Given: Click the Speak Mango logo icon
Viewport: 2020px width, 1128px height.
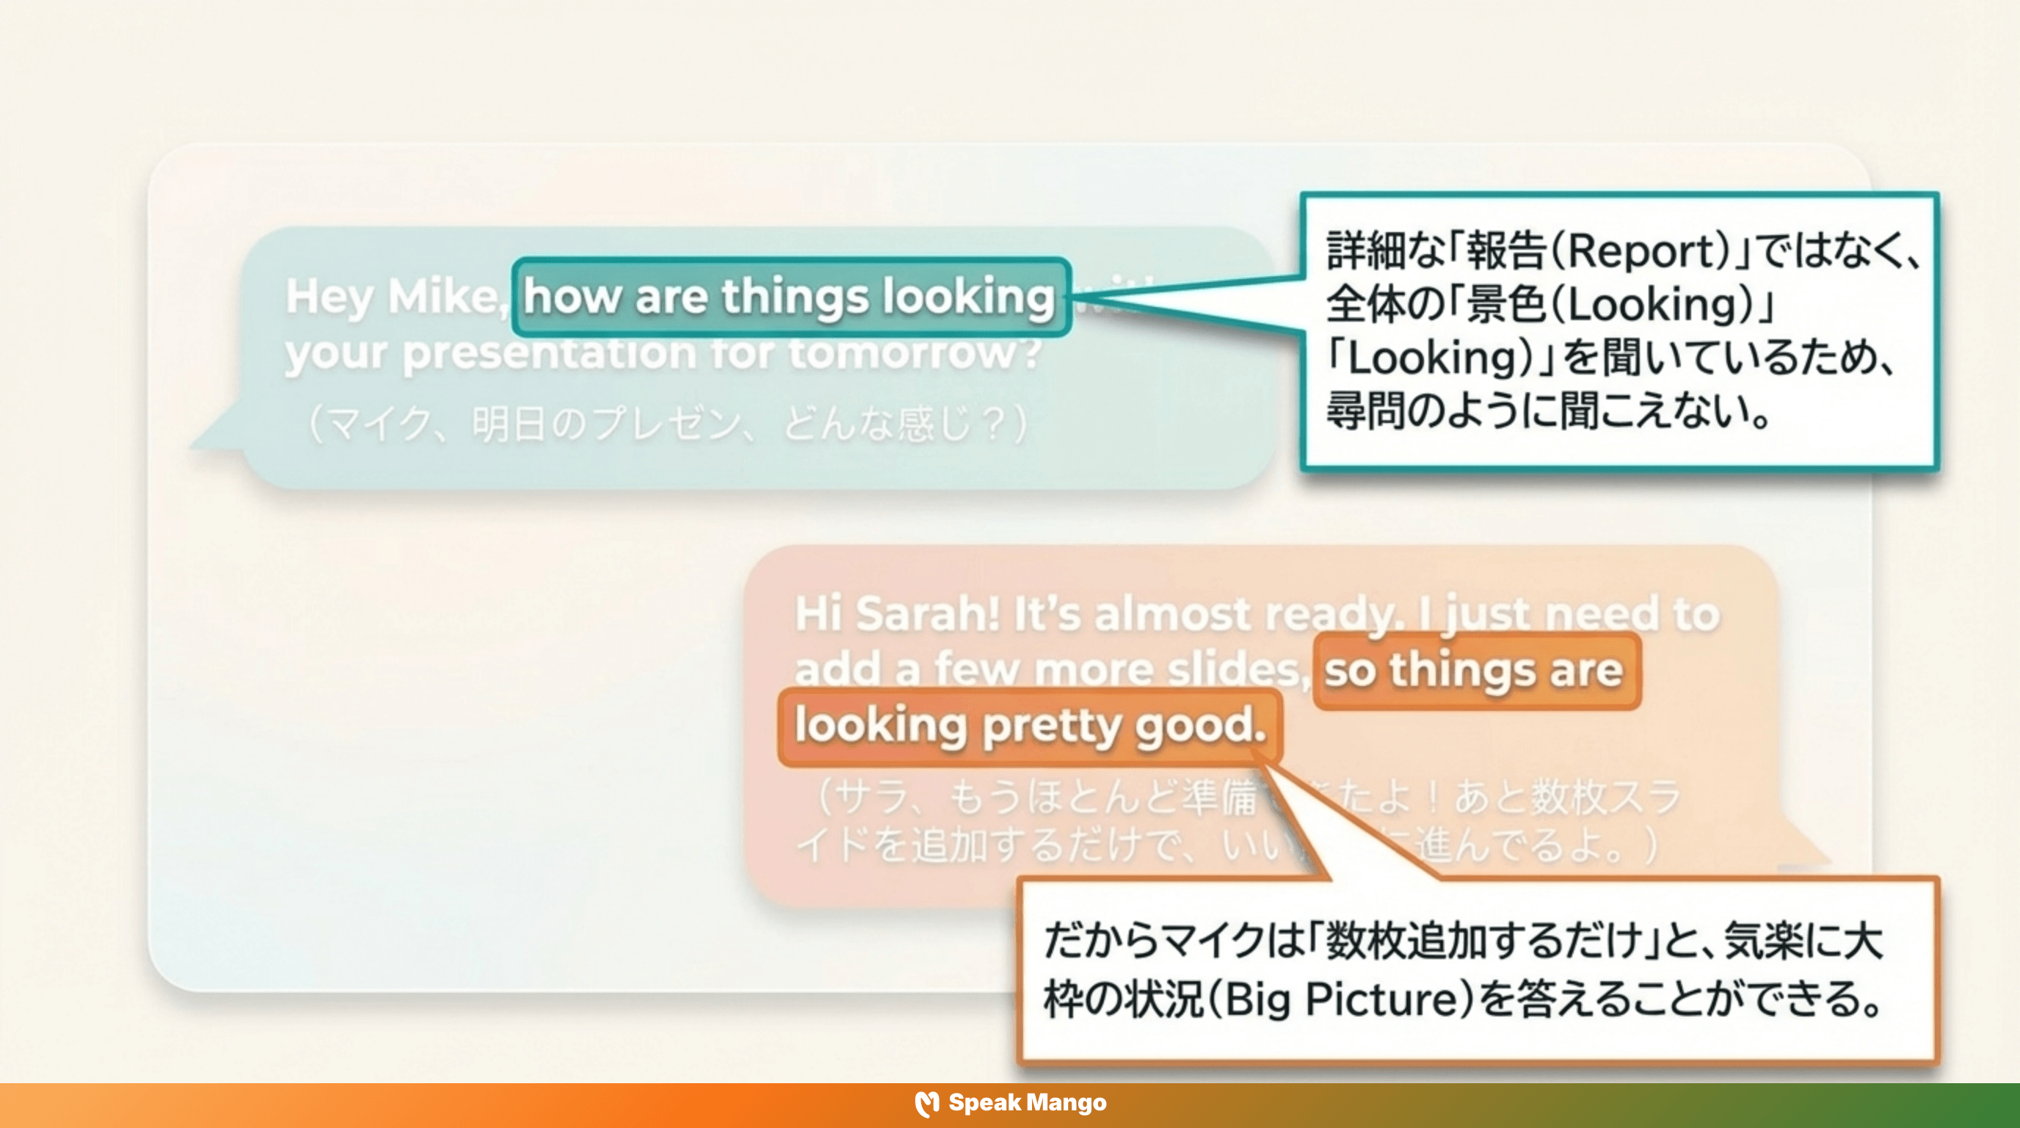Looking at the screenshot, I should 926,1104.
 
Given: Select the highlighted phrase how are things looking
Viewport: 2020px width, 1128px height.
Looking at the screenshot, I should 789,297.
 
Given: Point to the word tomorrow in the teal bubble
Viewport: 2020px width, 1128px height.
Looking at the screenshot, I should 914,353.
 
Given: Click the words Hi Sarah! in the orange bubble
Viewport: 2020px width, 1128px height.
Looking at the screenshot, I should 897,613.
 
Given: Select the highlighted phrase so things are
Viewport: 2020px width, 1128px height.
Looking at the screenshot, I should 1474,670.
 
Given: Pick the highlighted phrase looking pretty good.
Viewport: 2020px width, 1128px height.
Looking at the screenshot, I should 1030,726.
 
